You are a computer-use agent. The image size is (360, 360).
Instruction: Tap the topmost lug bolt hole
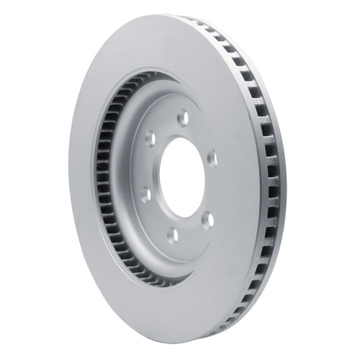tap(182, 116)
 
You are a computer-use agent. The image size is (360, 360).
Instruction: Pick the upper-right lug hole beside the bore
tap(212, 156)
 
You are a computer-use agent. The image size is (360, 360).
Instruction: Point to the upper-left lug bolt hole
tap(150, 137)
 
